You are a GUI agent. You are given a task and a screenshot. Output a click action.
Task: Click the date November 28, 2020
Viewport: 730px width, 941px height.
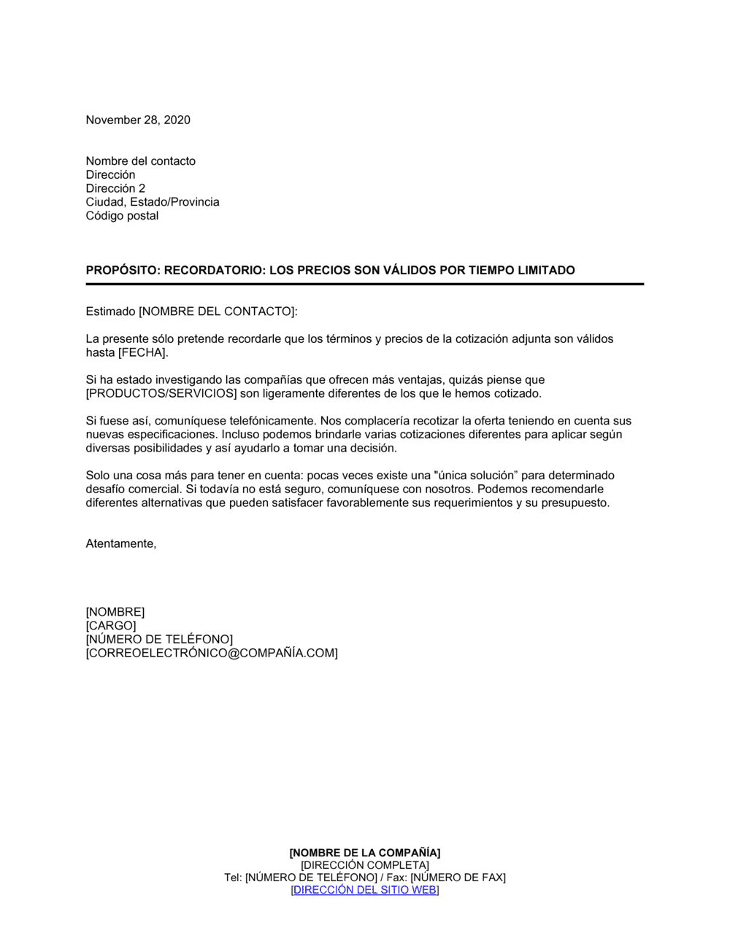[138, 120]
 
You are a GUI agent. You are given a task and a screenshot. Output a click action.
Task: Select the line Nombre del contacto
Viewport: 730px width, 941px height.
[140, 161]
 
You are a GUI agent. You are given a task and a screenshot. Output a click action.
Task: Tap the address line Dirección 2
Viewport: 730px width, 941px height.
[115, 188]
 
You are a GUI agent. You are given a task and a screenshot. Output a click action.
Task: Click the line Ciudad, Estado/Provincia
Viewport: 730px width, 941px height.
[152, 202]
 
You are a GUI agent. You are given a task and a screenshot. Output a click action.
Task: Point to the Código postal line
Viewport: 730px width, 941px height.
[122, 216]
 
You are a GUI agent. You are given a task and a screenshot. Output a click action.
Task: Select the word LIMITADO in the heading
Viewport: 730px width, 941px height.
[546, 271]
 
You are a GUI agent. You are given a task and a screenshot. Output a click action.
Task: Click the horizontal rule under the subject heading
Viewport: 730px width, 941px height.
[364, 284]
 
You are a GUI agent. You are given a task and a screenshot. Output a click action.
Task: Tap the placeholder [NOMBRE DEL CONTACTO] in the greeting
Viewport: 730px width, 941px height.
[217, 311]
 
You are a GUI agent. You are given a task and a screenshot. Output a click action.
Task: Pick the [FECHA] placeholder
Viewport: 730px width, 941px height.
[142, 353]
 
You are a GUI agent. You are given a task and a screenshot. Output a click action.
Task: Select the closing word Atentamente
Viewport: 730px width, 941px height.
[120, 543]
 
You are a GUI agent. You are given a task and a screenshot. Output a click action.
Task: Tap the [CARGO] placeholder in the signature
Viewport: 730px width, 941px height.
[111, 626]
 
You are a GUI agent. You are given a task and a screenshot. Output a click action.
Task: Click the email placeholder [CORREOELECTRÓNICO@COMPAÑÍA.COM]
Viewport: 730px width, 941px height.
[212, 654]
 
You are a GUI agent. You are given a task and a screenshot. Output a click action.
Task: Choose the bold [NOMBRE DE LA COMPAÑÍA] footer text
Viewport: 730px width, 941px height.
[365, 853]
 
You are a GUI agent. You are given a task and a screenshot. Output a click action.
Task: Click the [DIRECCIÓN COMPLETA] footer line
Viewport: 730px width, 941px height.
[365, 865]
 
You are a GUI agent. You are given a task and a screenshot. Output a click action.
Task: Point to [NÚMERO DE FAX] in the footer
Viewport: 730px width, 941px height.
[458, 878]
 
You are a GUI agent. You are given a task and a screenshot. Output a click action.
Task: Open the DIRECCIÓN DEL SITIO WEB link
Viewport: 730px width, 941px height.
[365, 890]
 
